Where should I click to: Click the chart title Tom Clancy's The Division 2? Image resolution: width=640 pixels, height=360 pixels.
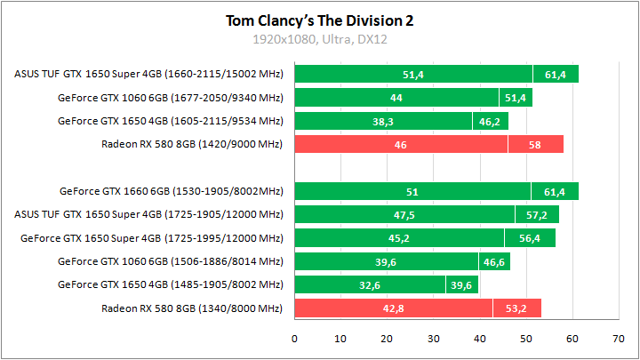tap(320, 20)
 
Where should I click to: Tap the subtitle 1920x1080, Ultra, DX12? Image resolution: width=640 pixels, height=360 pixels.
tap(320, 39)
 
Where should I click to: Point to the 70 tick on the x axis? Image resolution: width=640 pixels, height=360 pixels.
tap(619, 339)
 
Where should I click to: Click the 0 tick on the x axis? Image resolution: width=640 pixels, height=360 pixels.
tap(294, 339)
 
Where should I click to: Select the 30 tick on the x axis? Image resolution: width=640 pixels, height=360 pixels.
tap(433, 339)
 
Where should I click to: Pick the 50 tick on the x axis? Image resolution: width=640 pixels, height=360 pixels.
tap(526, 339)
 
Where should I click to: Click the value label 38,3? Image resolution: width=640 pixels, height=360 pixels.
tap(383, 121)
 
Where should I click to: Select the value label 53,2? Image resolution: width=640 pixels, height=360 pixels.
tap(516, 308)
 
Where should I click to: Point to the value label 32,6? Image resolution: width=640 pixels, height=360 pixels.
tap(370, 285)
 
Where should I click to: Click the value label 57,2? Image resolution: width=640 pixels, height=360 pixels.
tap(536, 214)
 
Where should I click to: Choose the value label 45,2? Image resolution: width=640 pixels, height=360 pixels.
tap(399, 238)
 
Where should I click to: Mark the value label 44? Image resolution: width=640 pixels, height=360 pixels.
tap(396, 98)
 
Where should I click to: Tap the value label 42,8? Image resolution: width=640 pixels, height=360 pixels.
tap(394, 308)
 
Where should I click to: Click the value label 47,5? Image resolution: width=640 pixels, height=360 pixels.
tap(404, 214)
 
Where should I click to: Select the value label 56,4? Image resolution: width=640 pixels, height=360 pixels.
tap(530, 238)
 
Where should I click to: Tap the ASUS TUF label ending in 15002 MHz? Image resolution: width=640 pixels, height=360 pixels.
tap(148, 74)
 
